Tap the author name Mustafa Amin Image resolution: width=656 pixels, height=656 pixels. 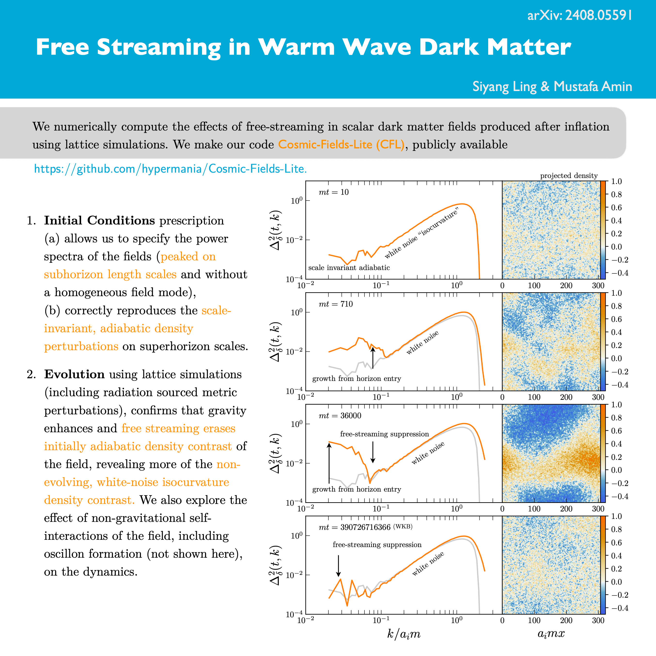click(593, 87)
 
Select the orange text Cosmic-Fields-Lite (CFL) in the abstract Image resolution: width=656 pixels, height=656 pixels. click(341, 145)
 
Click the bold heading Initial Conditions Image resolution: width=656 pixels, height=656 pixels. click(100, 220)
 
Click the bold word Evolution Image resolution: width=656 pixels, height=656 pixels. click(74, 374)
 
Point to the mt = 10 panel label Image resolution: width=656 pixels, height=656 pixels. click(333, 192)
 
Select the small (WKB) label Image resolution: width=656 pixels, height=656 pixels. click(403, 527)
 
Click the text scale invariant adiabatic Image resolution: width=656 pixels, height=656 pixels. click(349, 268)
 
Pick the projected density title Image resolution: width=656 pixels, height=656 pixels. click(569, 176)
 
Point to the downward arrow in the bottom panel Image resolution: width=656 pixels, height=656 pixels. click(338, 566)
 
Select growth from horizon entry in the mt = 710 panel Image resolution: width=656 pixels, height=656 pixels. click(356, 378)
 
